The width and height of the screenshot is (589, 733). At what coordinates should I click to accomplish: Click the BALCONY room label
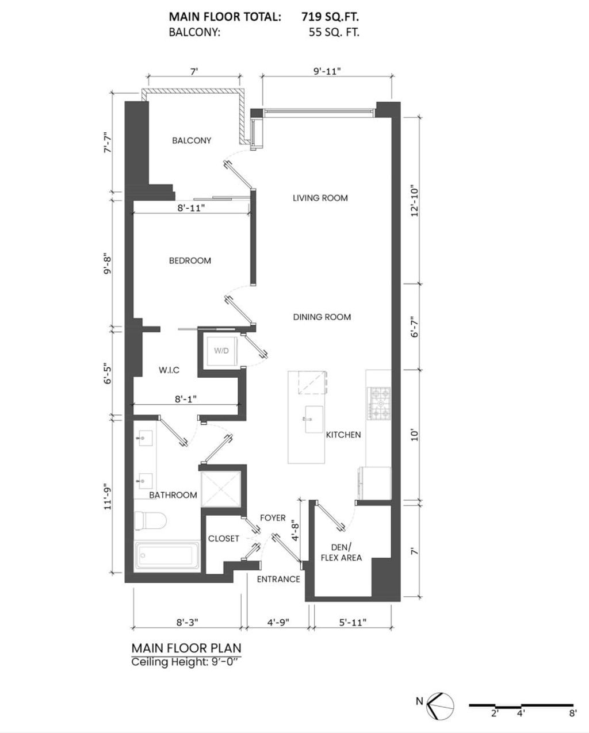(x=192, y=140)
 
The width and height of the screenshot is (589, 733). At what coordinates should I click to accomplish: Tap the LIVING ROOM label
(x=320, y=198)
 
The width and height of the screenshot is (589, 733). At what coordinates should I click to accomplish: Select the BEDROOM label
(x=190, y=260)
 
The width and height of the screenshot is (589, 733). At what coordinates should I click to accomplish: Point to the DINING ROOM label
(x=322, y=317)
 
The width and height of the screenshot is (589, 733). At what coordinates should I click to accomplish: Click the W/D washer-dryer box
(x=221, y=350)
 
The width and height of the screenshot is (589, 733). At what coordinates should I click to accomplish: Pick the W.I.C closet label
(x=169, y=370)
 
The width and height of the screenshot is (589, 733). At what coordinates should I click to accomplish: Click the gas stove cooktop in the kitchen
(x=379, y=403)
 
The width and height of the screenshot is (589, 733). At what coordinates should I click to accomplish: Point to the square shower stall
(x=220, y=488)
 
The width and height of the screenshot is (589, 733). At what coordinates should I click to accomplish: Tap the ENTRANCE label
(x=278, y=579)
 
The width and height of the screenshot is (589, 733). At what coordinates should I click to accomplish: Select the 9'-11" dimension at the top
(x=327, y=71)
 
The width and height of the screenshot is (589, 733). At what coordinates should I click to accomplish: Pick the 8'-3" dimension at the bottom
(x=188, y=622)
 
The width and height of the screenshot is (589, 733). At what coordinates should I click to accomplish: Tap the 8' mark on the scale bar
(x=572, y=713)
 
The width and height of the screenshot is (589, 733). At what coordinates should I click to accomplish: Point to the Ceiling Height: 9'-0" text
(x=185, y=662)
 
